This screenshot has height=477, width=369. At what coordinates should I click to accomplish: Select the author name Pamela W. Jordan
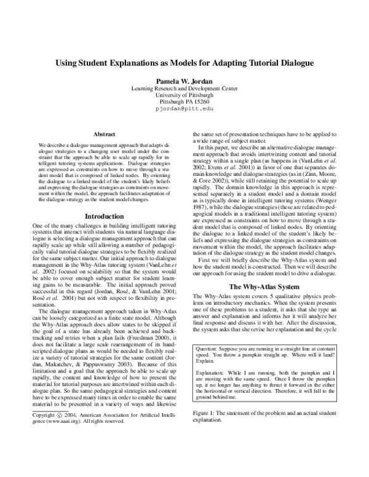pos(184,80)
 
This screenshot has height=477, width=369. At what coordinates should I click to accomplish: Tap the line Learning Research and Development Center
pos(184,88)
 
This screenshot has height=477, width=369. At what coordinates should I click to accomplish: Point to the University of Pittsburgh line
pos(184,95)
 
